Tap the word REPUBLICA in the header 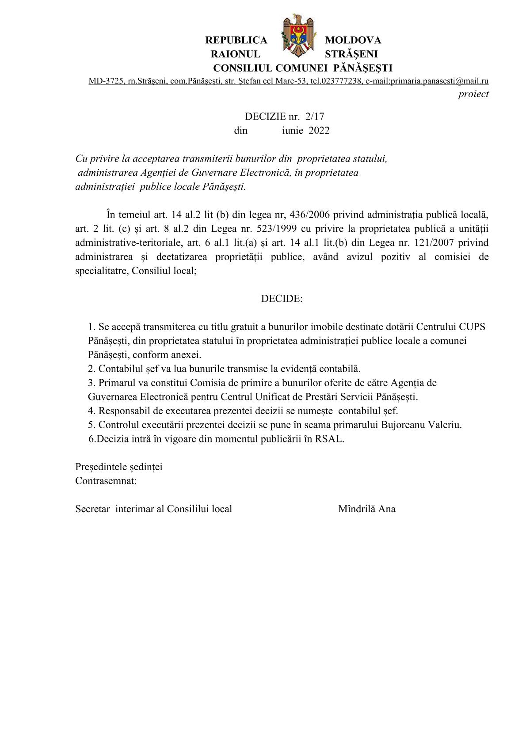click(236, 40)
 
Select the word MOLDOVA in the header click(353, 40)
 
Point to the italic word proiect click(473, 94)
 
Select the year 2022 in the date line click(319, 131)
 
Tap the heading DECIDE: click(282, 299)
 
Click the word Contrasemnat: click(106, 481)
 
